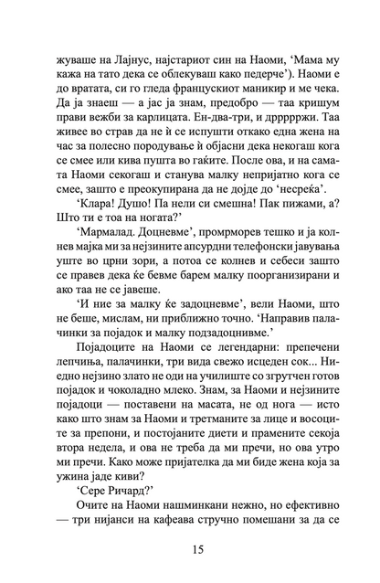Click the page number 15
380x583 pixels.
click(x=190, y=549)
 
